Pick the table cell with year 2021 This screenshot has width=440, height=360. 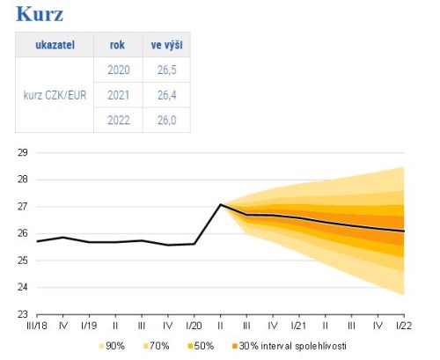tap(117, 95)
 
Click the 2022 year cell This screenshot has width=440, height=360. tap(117, 120)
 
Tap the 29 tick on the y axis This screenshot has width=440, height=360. tap(22, 152)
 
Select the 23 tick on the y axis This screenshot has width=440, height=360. tap(22, 314)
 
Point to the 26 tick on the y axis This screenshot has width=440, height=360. tap(22, 233)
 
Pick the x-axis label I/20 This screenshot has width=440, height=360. tap(194, 326)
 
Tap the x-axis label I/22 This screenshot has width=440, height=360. tap(403, 326)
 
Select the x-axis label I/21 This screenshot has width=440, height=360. tap(298, 326)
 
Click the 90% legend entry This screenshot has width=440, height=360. tap(114, 346)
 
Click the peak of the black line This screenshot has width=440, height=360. tap(220, 204)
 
